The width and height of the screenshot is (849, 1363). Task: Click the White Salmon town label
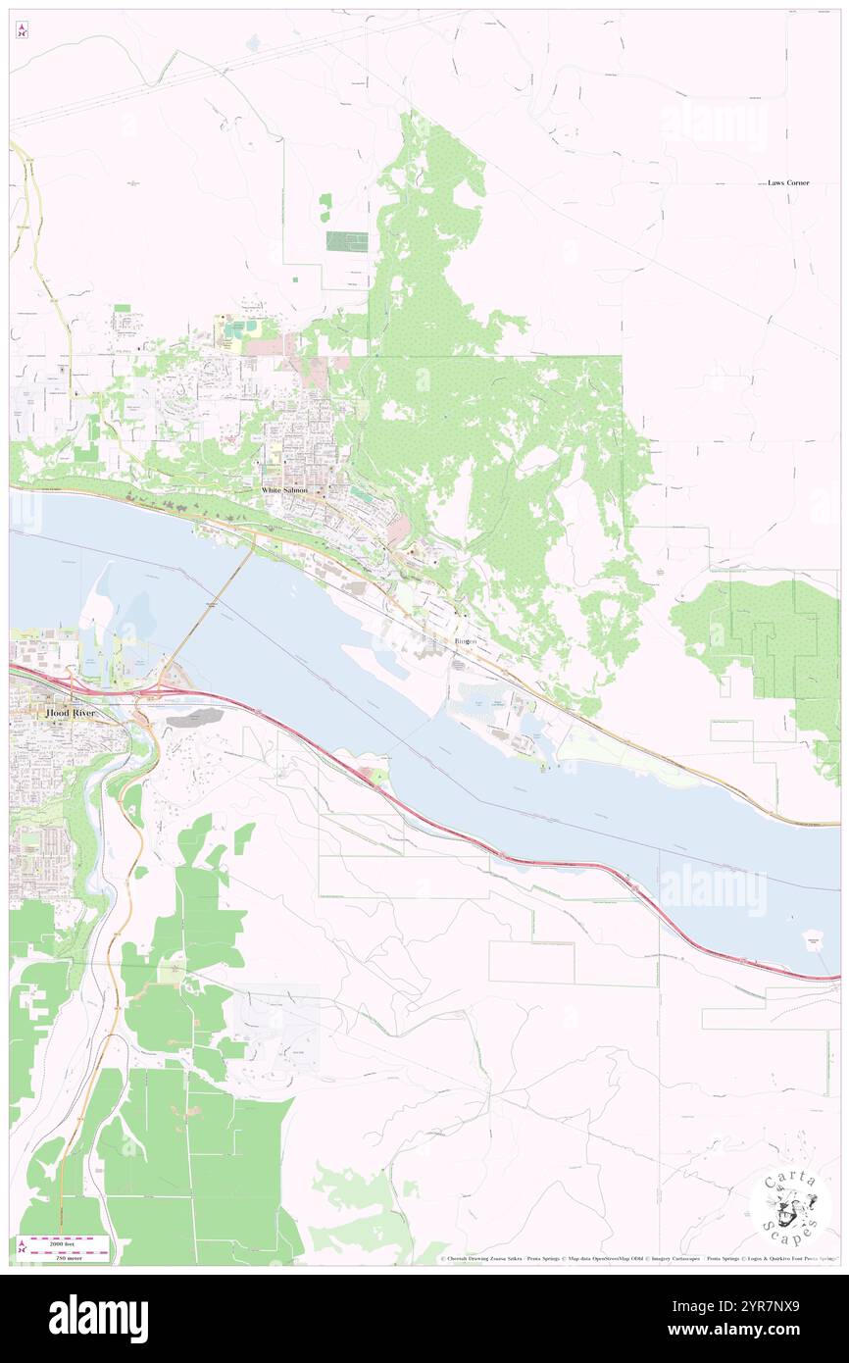coord(284,489)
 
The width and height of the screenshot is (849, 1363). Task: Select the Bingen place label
coord(465,641)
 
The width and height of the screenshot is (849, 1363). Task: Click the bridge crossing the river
coord(212,607)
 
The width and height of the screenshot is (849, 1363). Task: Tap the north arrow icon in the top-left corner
coord(22,31)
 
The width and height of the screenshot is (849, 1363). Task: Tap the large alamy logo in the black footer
coord(98,1318)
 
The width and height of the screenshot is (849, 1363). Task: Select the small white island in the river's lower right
coord(813,940)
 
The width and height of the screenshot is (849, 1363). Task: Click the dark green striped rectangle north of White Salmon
coord(346,241)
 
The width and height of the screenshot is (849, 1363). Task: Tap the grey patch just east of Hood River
coord(194,719)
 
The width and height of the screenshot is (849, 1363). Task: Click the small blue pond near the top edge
coord(254,43)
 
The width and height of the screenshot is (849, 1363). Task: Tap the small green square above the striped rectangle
coord(325,201)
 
